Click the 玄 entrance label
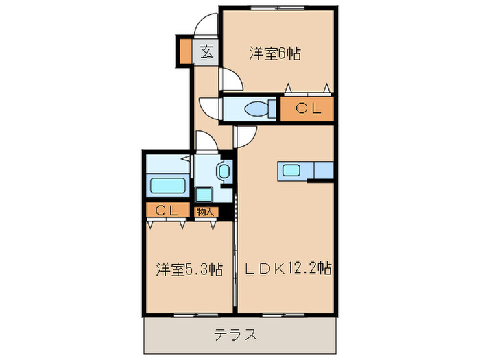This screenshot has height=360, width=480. (x=205, y=51)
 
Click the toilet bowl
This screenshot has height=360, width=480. (x=258, y=108)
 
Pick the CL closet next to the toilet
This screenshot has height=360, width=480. (x=307, y=108)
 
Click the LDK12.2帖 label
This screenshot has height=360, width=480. (x=285, y=268)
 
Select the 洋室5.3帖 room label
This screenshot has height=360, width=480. (x=187, y=269)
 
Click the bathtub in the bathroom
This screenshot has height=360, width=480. (x=168, y=185)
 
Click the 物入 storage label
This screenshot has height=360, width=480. (x=205, y=212)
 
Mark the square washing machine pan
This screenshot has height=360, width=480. (x=204, y=193)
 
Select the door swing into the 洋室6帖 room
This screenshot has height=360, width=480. (x=231, y=81)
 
